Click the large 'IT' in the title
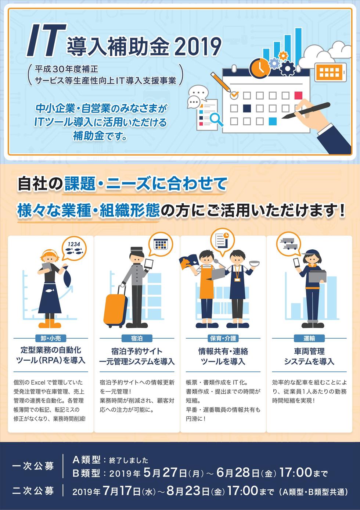(46, 40)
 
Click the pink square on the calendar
(298, 95)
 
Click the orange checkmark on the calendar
(234, 94)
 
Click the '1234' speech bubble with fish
(74, 249)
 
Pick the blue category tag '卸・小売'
(50, 339)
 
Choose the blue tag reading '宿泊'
(137, 339)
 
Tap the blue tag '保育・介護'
(223, 339)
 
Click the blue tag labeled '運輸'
(309, 339)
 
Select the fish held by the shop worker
(68, 278)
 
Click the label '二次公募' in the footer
(33, 490)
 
